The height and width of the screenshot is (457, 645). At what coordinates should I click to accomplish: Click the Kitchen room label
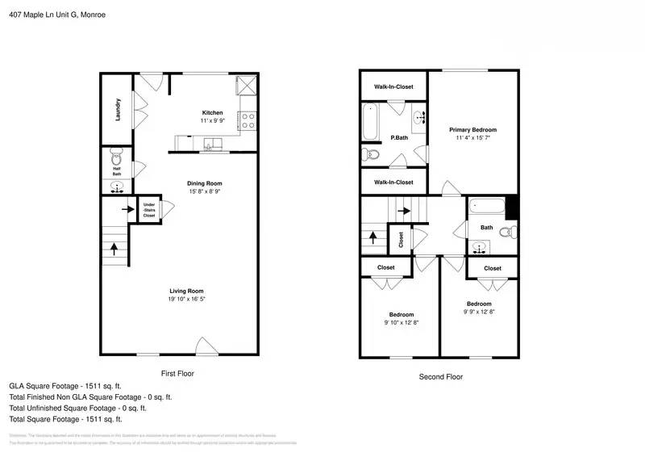(x=212, y=112)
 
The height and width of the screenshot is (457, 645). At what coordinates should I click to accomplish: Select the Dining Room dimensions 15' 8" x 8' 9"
(x=204, y=192)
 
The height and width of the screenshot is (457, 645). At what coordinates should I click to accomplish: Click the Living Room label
(x=186, y=291)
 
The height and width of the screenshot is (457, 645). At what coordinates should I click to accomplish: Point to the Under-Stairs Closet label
(x=149, y=210)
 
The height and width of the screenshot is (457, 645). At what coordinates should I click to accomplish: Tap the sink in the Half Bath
(x=117, y=187)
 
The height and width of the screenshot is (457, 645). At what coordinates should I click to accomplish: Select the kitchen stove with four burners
(x=248, y=121)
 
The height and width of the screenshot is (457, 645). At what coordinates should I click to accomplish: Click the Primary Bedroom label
(x=472, y=129)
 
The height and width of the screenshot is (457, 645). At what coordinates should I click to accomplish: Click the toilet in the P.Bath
(x=371, y=154)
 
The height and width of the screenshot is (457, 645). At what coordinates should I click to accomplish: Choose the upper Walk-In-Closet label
(x=393, y=86)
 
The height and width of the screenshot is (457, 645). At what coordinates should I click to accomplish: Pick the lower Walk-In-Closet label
(x=393, y=182)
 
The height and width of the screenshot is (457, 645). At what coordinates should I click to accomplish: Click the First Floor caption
(x=177, y=374)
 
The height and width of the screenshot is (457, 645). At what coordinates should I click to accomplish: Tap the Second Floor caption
(x=440, y=376)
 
